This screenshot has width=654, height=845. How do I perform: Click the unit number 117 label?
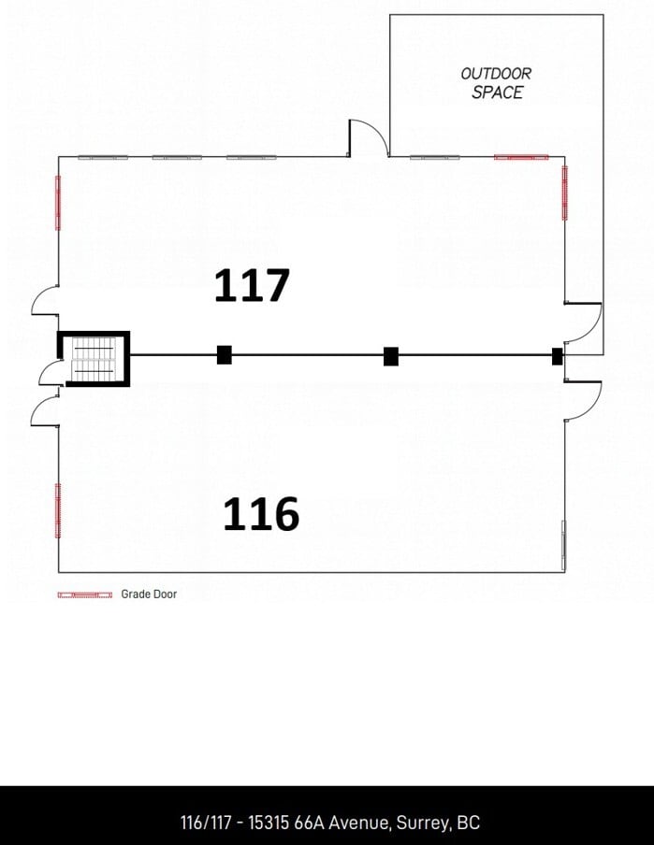click(252, 285)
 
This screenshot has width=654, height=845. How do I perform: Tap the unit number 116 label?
click(260, 514)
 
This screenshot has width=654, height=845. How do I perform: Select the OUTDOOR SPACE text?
click(497, 83)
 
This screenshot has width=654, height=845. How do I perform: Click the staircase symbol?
click(93, 360)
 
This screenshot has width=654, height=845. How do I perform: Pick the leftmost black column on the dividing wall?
click(225, 355)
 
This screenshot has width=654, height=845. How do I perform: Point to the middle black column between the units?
click(391, 355)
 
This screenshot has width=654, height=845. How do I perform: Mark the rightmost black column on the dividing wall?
click(558, 356)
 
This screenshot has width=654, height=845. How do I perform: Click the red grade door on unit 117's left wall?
click(58, 202)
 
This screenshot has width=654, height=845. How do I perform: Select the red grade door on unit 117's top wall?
click(521, 157)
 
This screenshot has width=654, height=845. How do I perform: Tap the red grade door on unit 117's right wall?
click(564, 193)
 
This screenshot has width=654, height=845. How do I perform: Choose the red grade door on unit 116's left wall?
click(58, 510)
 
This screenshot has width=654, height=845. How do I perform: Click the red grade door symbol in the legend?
click(85, 594)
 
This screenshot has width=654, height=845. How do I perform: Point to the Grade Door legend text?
click(149, 594)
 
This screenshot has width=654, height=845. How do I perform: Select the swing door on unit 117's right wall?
click(584, 322)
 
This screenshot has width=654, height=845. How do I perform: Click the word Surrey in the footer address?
click(424, 823)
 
